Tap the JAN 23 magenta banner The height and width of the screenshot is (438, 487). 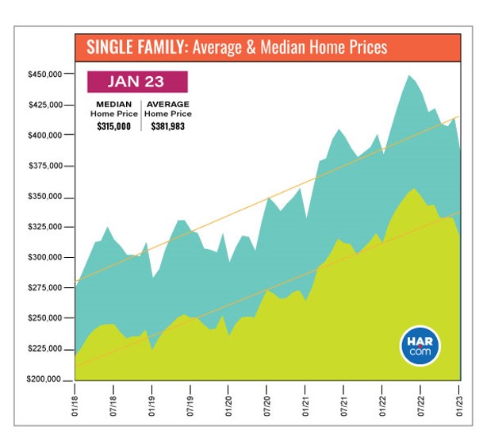pyautogui.click(x=137, y=82)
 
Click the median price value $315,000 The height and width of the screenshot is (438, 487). pyautogui.click(x=114, y=125)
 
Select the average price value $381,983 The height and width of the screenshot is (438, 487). pyautogui.click(x=167, y=125)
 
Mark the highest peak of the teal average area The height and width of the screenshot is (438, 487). pyautogui.click(x=409, y=75)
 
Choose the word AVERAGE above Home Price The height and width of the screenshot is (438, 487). pyautogui.click(x=167, y=104)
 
